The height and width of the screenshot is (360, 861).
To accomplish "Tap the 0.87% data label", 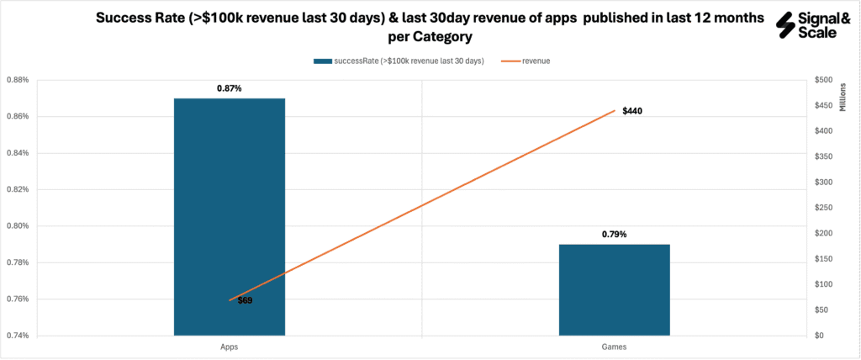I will [229, 87].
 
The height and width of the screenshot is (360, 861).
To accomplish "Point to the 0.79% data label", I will [614, 234].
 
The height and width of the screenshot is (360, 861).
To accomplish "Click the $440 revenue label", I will [632, 111].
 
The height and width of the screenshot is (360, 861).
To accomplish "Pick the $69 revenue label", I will [245, 300].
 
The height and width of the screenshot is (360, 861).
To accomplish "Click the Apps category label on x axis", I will [229, 347].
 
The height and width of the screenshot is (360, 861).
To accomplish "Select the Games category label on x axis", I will [614, 347].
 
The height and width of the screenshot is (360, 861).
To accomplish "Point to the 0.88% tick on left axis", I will [18, 81].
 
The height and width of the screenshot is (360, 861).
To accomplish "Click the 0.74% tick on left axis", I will [18, 336].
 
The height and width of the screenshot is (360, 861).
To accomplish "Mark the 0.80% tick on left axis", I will [18, 226].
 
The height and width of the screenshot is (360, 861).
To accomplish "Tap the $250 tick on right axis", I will [824, 208].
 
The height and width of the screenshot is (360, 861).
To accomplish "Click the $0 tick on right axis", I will [819, 336].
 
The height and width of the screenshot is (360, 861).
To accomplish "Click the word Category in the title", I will [444, 39].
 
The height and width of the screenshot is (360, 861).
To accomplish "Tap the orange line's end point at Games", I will [615, 110].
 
